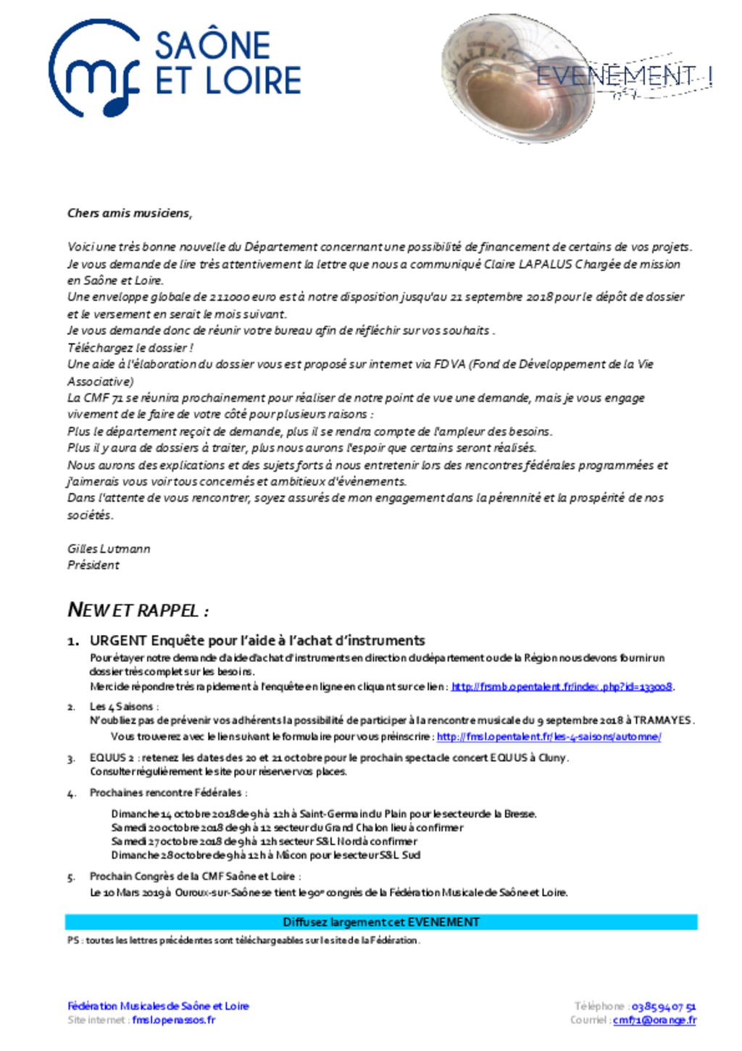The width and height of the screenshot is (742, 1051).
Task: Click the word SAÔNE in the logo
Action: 212,46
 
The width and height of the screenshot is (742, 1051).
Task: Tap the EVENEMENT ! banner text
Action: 623,76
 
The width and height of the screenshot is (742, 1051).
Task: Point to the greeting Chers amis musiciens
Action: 129,213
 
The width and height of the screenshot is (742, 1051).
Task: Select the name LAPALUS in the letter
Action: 545,264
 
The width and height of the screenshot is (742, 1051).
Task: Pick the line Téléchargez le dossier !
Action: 130,348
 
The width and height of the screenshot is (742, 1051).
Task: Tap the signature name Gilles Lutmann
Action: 109,549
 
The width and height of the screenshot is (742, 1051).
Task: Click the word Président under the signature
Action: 93,565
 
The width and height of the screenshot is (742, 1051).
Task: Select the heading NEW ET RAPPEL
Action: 138,610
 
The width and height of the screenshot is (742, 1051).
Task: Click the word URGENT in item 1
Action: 119,641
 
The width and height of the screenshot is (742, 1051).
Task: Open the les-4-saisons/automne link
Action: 549,737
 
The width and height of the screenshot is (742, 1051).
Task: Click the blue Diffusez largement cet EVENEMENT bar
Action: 381,922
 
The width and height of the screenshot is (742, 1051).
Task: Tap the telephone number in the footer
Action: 663,1007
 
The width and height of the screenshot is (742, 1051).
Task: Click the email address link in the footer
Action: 654,1021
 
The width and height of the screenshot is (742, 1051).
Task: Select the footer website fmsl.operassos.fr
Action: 174,1021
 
